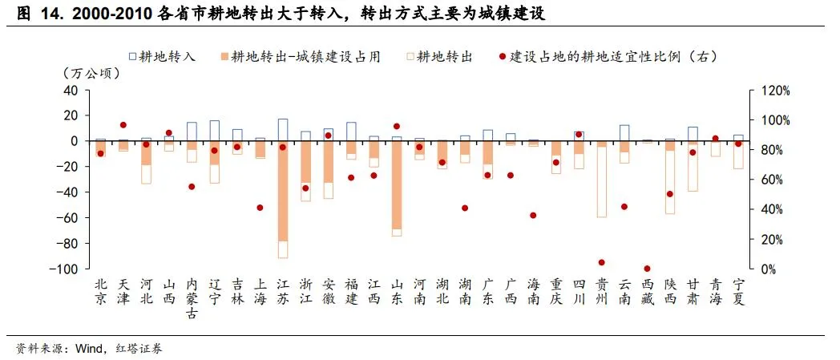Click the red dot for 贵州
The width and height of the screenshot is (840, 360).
point(602,262)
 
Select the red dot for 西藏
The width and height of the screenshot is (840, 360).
point(648,269)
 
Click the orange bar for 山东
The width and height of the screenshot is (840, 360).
point(397,185)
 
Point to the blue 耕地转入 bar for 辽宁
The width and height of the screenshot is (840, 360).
point(215,131)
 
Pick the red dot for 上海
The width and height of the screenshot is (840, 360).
point(260,208)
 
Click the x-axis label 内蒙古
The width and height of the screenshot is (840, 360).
point(192,298)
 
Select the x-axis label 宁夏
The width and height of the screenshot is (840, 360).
point(738,291)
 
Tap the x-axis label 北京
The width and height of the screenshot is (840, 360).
point(100,291)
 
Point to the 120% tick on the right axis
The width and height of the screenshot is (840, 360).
point(773,91)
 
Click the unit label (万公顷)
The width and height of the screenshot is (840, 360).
point(92,74)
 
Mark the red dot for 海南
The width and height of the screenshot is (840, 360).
point(534,215)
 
